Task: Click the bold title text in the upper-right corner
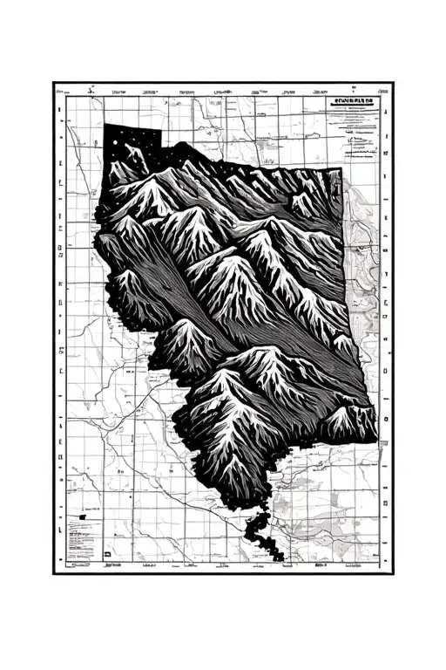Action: coord(355,102)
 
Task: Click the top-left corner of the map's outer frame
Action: coord(53,83)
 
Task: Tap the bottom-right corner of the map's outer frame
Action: coord(392,573)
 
